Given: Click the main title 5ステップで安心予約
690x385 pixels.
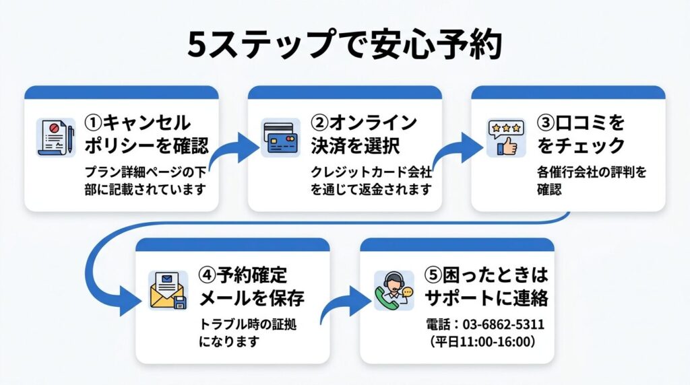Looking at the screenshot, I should pos(344,45).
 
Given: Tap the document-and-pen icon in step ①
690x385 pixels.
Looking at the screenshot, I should pos(55,137).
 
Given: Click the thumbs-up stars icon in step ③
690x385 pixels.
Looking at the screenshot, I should pos(505,137).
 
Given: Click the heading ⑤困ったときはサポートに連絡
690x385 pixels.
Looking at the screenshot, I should pos(487,285).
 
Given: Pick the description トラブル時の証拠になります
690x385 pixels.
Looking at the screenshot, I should pos(248,332).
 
